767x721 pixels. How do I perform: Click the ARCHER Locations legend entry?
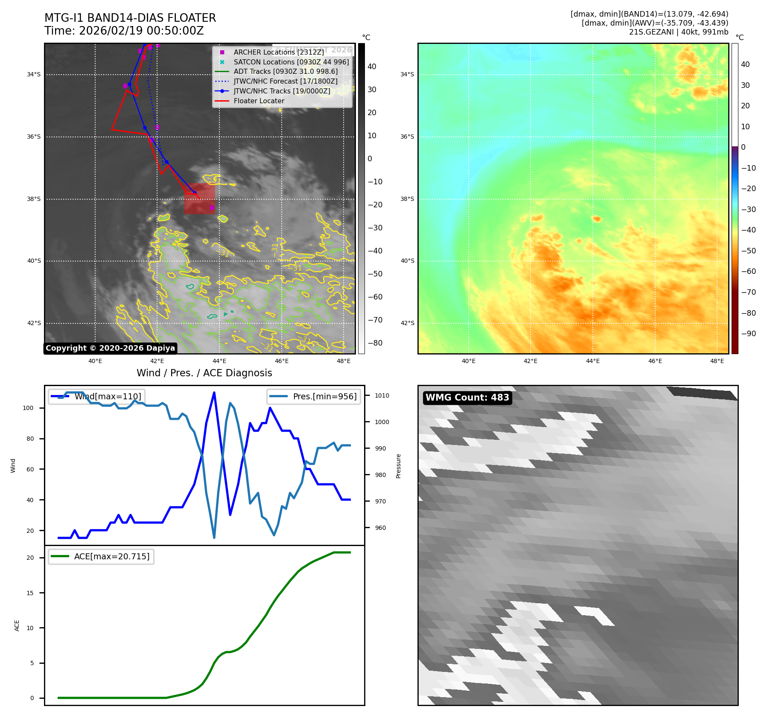279,52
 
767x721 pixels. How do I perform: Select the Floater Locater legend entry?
259,101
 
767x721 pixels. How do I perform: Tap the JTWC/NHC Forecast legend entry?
285,81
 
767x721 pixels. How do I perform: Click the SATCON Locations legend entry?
291,62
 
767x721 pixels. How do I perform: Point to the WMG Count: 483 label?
467,398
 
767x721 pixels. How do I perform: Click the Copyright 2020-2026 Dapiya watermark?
110,348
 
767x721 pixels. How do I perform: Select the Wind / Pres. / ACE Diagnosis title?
204,373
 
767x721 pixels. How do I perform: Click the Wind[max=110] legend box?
96,396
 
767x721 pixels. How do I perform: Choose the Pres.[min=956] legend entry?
314,396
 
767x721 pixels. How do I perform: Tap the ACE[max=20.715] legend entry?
101,556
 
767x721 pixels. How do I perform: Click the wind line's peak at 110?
214,392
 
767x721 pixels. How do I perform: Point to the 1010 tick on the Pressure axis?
382,396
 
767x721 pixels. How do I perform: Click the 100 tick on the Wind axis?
28,408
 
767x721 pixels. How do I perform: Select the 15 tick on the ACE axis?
30,593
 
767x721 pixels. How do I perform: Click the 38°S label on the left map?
34,199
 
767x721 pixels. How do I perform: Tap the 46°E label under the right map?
655,361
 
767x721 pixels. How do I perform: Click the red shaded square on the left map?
199,198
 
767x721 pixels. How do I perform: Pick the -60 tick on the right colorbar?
748,272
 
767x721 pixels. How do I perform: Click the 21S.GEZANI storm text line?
678,32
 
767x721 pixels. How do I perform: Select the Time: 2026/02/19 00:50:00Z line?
124,31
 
